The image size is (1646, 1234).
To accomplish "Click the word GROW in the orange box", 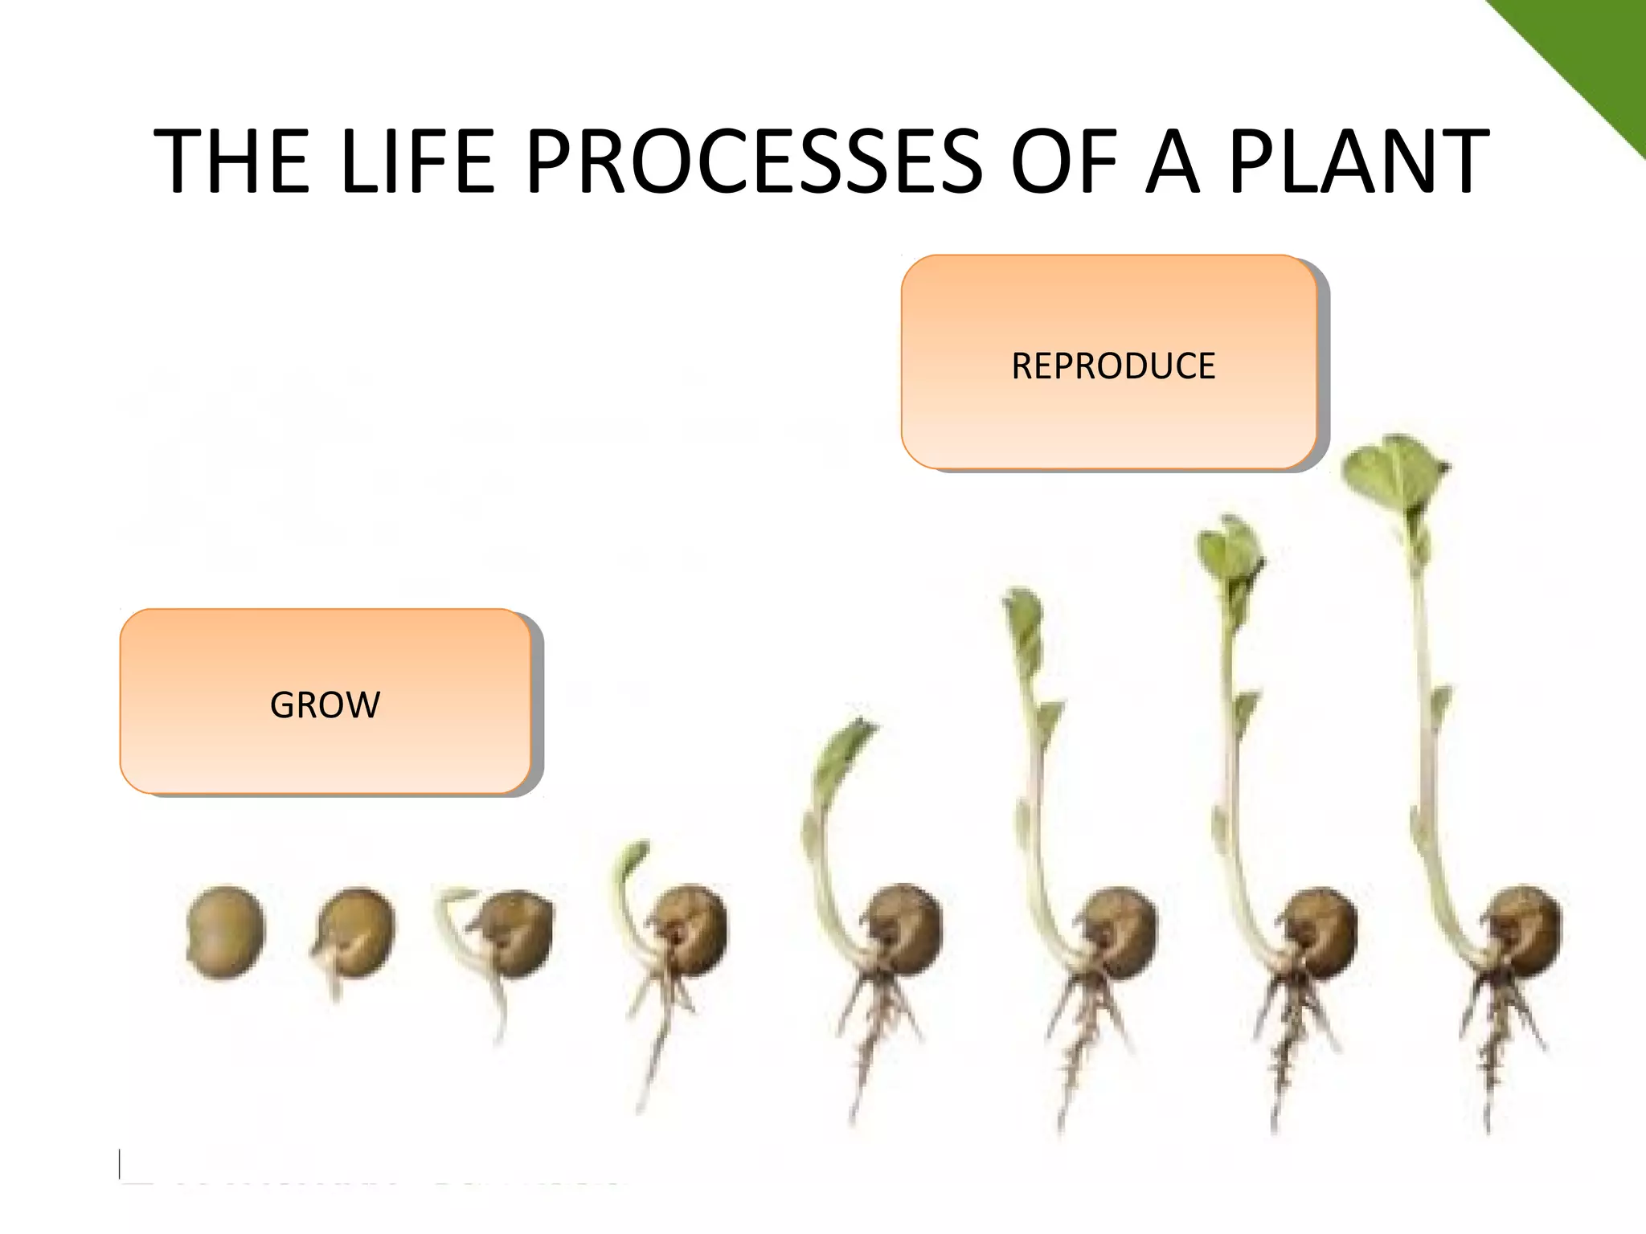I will [x=325, y=705].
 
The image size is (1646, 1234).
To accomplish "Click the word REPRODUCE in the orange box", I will [x=1112, y=366].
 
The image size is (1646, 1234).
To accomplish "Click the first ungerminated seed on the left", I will [x=225, y=932].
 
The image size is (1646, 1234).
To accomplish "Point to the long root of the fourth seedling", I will [x=655, y=1060].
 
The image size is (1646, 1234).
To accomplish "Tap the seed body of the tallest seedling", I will [x=1523, y=932].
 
